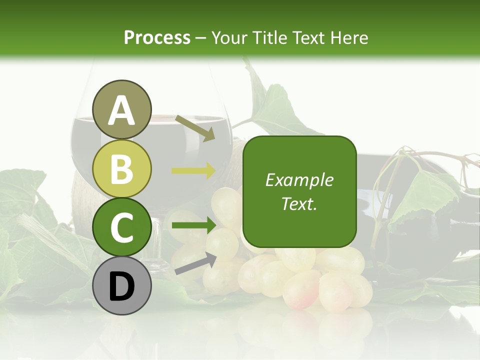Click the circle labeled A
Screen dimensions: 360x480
coord(122,109)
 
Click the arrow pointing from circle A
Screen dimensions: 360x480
coord(194,128)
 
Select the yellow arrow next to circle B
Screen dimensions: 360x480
coord(193,170)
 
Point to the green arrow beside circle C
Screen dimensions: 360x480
coord(193,225)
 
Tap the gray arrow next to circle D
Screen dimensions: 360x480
coord(195,263)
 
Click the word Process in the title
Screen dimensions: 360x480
coord(157,37)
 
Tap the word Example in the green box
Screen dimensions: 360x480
coord(299,180)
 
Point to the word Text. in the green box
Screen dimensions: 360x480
coord(299,203)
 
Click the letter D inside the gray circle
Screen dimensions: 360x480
coord(122,286)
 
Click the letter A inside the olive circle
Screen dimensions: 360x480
coord(122,110)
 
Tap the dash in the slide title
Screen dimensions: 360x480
coord(201,38)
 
